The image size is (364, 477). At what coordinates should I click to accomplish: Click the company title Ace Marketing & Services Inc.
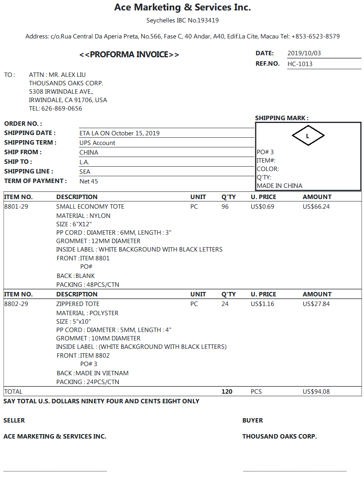(182, 7)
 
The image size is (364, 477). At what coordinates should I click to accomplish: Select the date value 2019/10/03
(304, 53)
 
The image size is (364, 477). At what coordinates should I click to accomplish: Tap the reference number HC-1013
(300, 64)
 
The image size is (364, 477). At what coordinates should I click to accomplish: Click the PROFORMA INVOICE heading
(129, 55)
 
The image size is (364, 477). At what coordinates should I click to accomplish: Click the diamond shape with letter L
(308, 136)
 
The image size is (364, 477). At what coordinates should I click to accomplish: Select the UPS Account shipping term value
(97, 143)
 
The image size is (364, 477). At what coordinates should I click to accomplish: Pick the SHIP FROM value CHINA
(89, 153)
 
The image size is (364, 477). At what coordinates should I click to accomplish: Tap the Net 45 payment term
(89, 181)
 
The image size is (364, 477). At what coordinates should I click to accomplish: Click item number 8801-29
(16, 207)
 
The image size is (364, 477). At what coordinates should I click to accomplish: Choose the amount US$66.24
(316, 207)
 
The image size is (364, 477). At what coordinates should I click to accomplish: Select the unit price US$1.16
(262, 304)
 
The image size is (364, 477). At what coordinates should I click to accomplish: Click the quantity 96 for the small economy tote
(225, 207)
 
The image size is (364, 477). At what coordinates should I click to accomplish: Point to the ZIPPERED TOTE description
(78, 304)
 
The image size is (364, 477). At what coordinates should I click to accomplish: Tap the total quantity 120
(227, 392)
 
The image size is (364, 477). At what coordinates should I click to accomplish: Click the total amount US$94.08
(316, 392)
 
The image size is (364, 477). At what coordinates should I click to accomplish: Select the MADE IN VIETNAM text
(102, 373)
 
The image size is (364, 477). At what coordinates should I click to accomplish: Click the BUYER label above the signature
(252, 421)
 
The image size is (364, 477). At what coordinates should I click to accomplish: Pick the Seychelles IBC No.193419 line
(182, 20)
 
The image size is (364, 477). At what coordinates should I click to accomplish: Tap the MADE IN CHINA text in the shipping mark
(280, 186)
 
